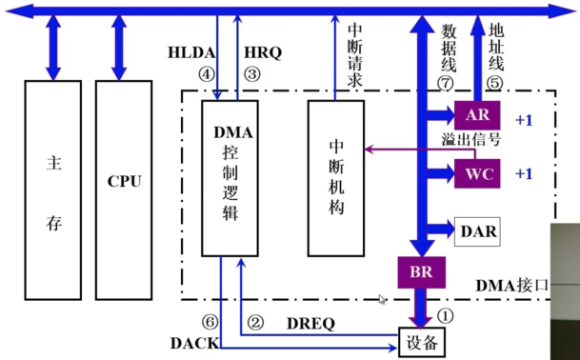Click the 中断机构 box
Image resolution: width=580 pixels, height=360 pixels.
pyautogui.click(x=336, y=176)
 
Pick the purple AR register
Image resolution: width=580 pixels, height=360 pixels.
pyautogui.click(x=476, y=115)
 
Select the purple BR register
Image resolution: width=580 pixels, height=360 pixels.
pyautogui.click(x=421, y=272)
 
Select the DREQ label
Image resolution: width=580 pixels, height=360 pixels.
pyautogui.click(x=310, y=323)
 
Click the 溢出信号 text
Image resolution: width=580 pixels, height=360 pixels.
pyautogui.click(x=470, y=140)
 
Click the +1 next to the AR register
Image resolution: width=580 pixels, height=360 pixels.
pyautogui.click(x=525, y=121)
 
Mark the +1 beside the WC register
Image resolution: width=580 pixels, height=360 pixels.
pyautogui.click(x=525, y=174)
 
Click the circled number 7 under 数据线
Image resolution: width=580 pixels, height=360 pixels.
pyautogui.click(x=443, y=84)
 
